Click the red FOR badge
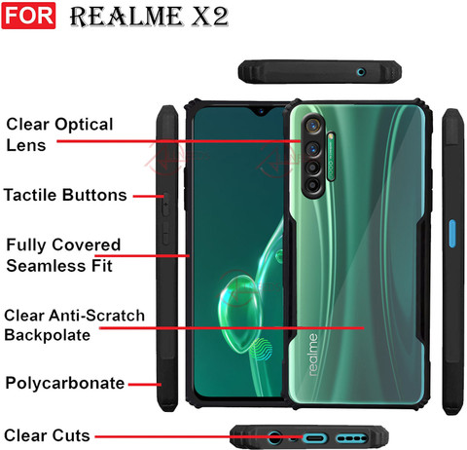point(28,16)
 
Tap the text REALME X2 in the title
point(149,17)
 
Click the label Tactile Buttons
point(65,195)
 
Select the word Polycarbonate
point(65,383)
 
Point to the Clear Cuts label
point(47,435)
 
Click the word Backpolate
point(48,335)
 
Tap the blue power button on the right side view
point(452,234)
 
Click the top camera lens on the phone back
point(313,125)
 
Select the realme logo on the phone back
point(312,355)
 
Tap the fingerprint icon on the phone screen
point(261,350)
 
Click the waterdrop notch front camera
point(261,112)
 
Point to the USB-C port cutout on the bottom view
point(314,438)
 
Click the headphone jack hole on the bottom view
point(274,437)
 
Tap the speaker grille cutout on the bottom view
point(351,438)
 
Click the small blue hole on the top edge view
point(361,72)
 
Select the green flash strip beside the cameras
point(331,156)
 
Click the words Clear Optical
point(59,125)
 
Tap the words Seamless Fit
point(59,266)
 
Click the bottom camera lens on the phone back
point(312,185)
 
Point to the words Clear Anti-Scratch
point(74,316)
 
